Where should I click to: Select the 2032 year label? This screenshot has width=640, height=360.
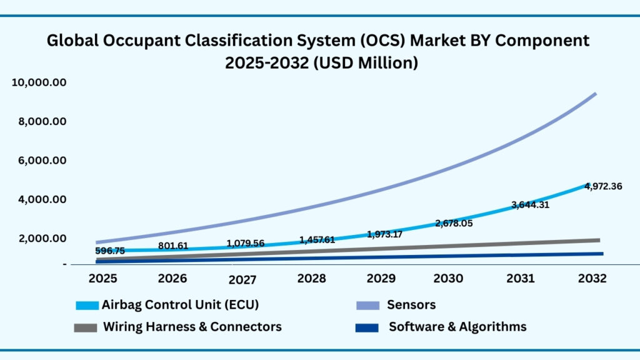(591, 278)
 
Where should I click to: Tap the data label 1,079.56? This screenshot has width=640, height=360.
(245, 243)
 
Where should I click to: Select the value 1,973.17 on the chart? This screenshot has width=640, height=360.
(386, 234)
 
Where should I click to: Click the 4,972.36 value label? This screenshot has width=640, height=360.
(603, 186)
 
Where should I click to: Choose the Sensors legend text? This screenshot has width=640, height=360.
(411, 305)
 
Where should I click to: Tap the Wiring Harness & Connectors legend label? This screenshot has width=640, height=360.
(192, 327)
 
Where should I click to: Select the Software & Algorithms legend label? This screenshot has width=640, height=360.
(457, 327)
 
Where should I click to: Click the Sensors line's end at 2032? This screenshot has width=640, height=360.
(595, 94)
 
